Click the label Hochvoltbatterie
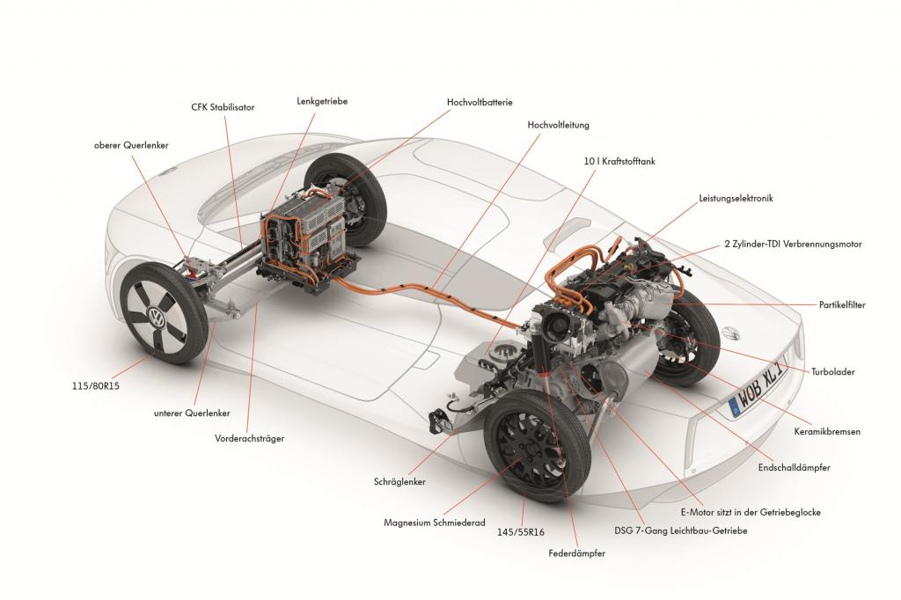tap(480, 102)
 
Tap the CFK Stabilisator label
tap(223, 107)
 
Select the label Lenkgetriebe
tap(322, 101)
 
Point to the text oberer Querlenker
tap(131, 145)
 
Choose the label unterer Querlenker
tap(192, 413)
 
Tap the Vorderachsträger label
tap(249, 438)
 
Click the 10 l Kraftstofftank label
tap(619, 162)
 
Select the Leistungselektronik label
tap(736, 198)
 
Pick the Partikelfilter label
tap(842, 304)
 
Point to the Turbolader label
tap(832, 371)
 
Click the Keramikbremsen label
tap(827, 431)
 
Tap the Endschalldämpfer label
tap(794, 468)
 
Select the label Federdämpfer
tap(576, 553)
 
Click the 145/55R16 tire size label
tap(520, 532)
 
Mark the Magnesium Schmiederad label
tap(435, 523)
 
